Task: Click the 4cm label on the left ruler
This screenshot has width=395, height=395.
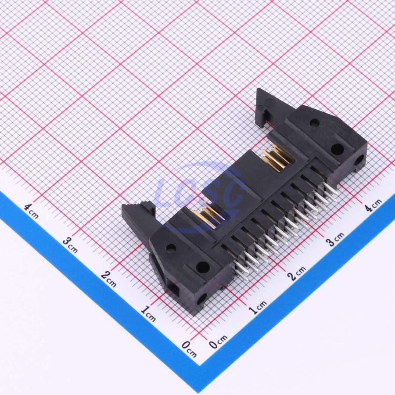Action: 32,211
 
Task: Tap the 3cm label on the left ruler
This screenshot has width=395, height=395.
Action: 70,245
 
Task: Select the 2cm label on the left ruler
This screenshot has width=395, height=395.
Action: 109,279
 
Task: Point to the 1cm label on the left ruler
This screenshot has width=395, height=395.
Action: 148,313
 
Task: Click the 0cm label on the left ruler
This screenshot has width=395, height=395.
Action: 189,349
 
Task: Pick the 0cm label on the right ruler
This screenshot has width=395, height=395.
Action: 218,341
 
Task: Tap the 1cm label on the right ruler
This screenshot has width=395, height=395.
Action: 257,307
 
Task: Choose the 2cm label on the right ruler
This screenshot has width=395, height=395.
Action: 297,273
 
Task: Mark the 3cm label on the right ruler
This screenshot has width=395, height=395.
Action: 335,239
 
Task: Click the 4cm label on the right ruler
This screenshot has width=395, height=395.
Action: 373,205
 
